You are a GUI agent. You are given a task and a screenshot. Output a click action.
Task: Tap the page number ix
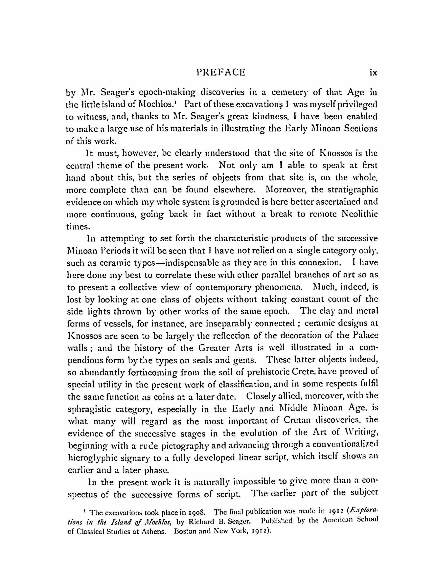pos(373,73)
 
